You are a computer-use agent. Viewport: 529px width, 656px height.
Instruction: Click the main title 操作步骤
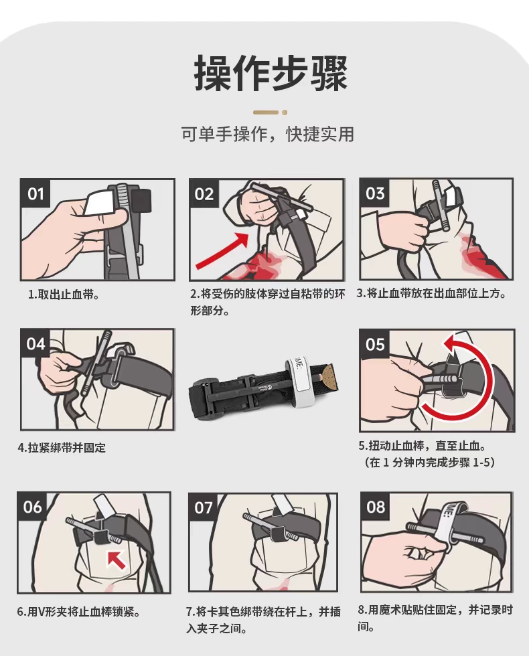tap(271, 73)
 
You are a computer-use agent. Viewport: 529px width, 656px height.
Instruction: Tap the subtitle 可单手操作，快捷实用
tap(268, 135)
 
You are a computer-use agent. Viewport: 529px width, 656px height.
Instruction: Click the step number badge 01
tap(35, 193)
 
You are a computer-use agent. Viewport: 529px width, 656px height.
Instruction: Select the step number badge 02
tap(204, 193)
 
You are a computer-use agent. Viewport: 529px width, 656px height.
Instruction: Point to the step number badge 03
tap(375, 193)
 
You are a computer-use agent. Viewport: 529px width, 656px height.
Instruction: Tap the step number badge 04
tap(35, 344)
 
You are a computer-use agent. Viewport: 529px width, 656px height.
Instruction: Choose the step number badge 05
tap(375, 344)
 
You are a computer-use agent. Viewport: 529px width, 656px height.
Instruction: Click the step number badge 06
tap(33, 507)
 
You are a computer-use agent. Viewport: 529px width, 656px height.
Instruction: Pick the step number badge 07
tap(204, 507)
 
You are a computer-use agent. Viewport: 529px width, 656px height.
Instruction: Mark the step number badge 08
tap(376, 507)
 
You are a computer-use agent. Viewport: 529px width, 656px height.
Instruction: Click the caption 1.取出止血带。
tap(64, 295)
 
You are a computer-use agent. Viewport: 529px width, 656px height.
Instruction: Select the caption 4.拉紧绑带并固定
tap(62, 448)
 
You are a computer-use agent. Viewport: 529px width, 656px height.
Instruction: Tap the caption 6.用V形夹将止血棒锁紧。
tap(79, 612)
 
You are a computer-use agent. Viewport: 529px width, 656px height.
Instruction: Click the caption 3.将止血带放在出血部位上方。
tap(432, 293)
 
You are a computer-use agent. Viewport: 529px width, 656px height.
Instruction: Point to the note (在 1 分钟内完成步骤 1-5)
tap(429, 463)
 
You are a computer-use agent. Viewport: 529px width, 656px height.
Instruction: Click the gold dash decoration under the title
tap(271, 112)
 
